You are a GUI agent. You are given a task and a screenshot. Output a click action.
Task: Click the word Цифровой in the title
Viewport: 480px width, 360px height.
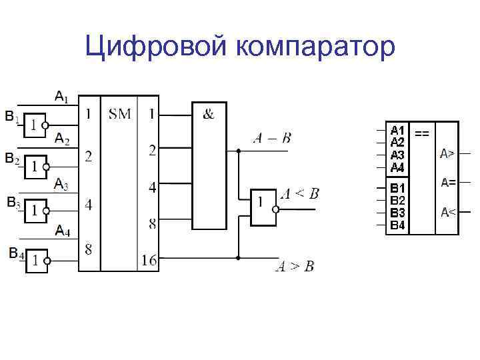tap(156, 47)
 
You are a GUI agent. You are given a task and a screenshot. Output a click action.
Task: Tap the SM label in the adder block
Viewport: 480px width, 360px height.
tap(120, 115)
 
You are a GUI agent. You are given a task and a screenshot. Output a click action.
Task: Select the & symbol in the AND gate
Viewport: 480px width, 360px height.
tap(209, 114)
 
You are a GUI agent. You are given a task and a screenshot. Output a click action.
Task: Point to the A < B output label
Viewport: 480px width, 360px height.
tap(299, 194)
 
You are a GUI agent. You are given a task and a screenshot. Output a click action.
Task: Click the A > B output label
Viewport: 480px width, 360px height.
tap(295, 267)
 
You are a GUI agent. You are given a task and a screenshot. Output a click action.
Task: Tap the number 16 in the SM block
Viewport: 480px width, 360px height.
tap(149, 260)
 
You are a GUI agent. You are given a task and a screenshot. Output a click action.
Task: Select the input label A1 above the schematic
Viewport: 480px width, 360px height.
tap(61, 97)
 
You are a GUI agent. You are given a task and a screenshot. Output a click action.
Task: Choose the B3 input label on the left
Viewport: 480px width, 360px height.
tap(13, 202)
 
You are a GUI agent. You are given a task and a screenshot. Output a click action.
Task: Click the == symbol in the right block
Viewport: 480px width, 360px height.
tap(422, 133)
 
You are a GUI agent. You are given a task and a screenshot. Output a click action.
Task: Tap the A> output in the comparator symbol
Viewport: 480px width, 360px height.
tap(447, 154)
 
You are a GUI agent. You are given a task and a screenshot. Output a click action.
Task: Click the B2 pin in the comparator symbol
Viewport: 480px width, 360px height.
tap(397, 200)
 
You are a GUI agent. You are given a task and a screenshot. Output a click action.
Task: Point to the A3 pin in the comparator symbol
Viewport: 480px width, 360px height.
tap(397, 155)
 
